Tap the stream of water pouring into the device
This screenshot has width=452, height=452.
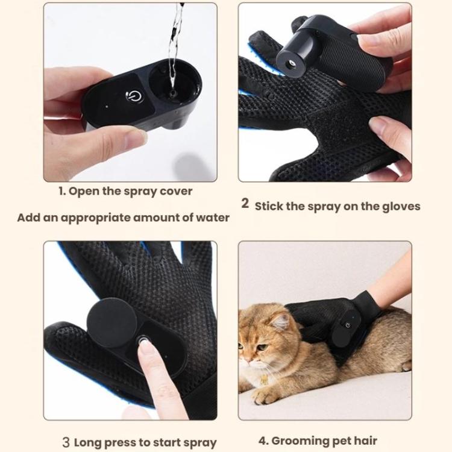click(x=175, y=42)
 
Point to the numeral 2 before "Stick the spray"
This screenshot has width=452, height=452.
click(x=245, y=204)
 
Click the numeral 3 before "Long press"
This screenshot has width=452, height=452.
click(x=66, y=442)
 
